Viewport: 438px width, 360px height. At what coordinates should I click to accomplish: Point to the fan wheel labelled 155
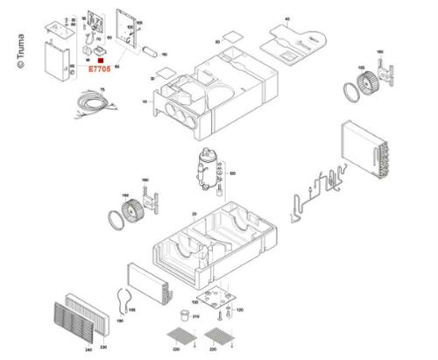354,86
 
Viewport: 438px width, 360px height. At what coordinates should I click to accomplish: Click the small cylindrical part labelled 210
183,313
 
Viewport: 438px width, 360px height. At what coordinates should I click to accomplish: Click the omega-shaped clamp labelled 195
124,300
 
